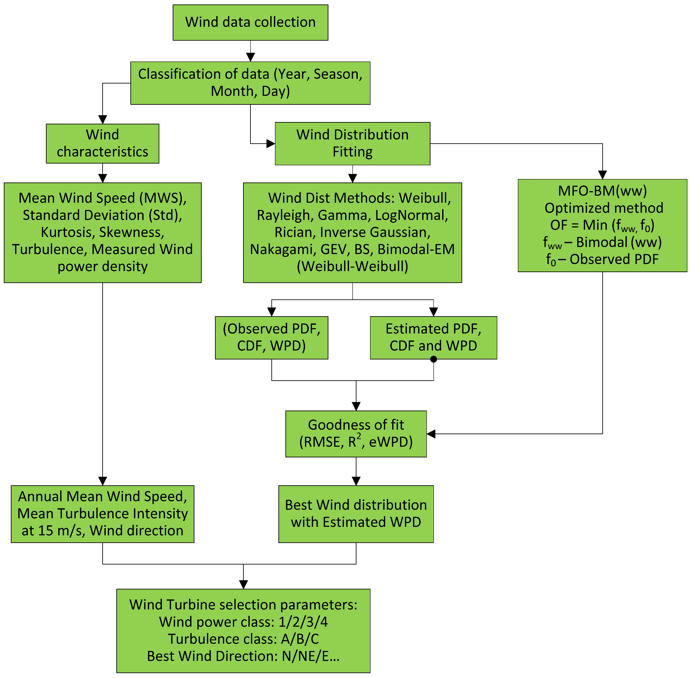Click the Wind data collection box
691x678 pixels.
click(250, 22)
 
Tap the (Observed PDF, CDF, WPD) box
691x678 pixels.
click(271, 337)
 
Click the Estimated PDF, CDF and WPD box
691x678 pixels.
click(433, 337)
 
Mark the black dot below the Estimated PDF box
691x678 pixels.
click(433, 359)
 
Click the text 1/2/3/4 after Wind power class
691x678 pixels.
click(303, 622)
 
